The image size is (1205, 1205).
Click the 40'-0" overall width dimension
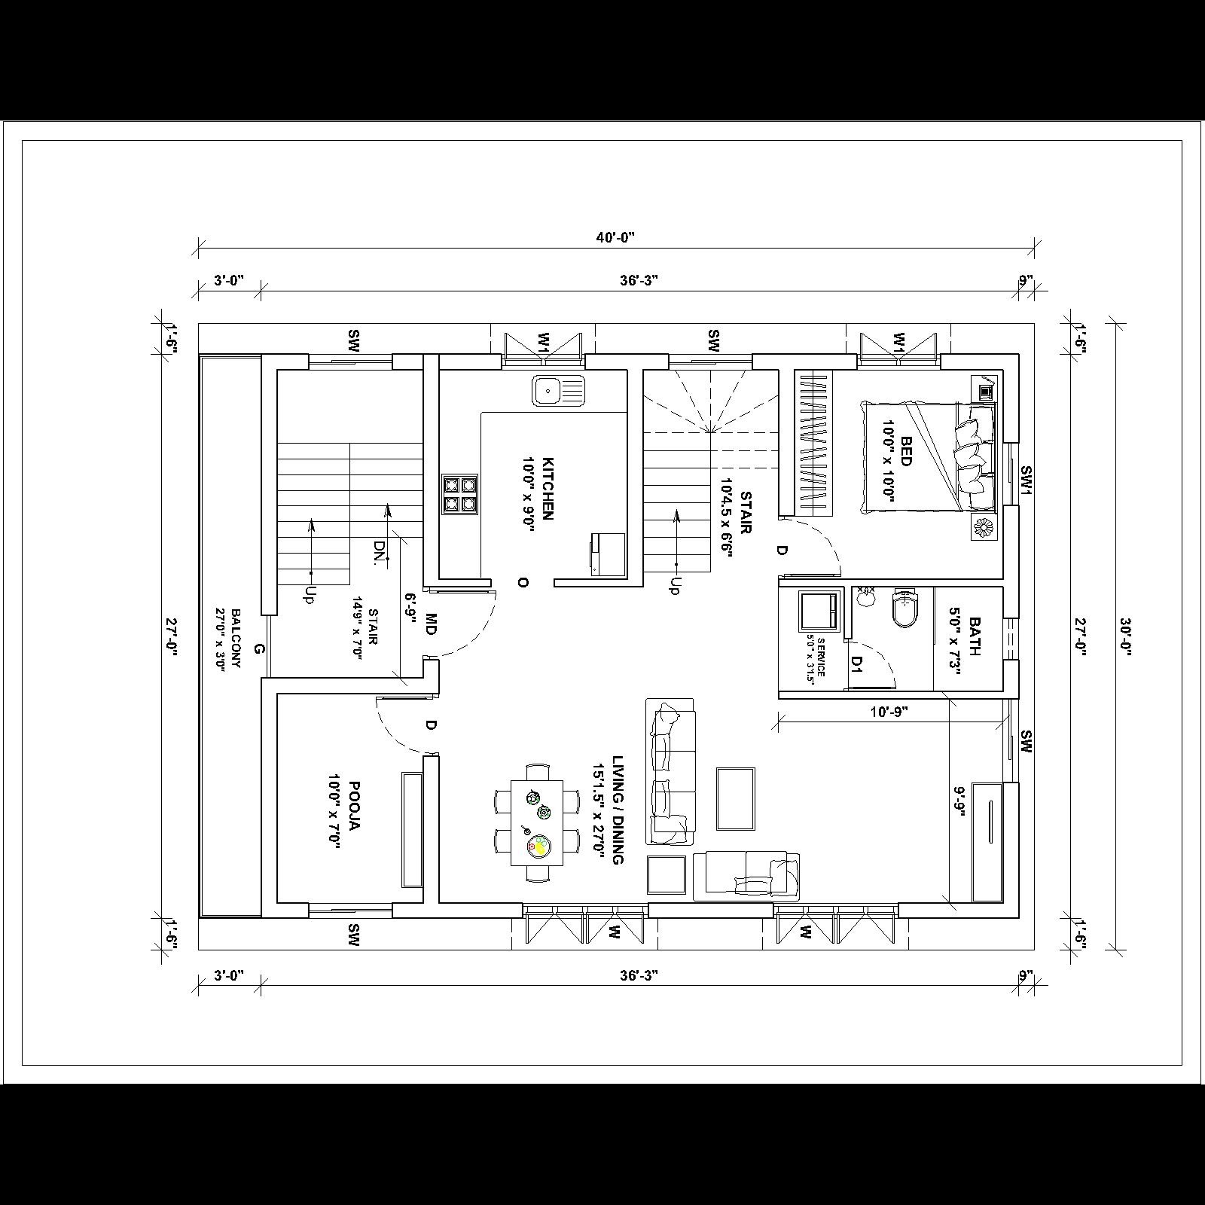615,237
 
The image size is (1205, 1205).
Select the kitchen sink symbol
558,391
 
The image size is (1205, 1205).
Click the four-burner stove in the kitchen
460,495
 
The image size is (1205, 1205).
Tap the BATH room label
966,637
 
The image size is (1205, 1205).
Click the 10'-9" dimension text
889,712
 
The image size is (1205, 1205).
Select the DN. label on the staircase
380,551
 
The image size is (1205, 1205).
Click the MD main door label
431,624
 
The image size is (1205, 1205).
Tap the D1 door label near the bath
857,663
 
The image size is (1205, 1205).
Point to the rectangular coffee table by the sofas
735,798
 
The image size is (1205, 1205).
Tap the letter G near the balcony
258,649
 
